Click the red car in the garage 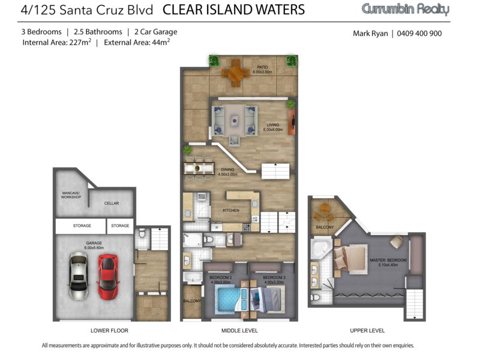pyautogui.click(x=108, y=277)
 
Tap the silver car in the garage pyautogui.click(x=79, y=276)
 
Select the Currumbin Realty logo pyautogui.click(x=406, y=9)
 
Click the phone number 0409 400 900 pyautogui.click(x=419, y=34)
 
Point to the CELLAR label pyautogui.click(x=112, y=203)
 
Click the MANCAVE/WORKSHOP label pyautogui.click(x=71, y=195)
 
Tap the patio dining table pyautogui.click(x=235, y=73)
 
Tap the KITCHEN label pyautogui.click(x=231, y=211)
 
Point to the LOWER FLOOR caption pyautogui.click(x=109, y=331)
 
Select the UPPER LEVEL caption pyautogui.click(x=367, y=331)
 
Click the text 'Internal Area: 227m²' pyautogui.click(x=56, y=42)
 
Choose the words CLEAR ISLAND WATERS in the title pyautogui.click(x=233, y=10)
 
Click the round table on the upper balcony pyautogui.click(x=325, y=209)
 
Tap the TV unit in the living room pyautogui.click(x=292, y=122)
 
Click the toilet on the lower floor pyautogui.click(x=142, y=234)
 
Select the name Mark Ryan pyautogui.click(x=370, y=34)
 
